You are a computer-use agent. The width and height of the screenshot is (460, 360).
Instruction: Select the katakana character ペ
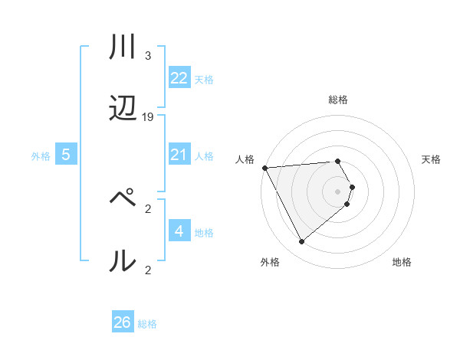click(123, 198)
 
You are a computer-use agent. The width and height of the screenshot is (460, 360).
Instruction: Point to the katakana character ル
click(123, 260)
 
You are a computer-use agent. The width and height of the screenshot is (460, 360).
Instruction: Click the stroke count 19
click(148, 117)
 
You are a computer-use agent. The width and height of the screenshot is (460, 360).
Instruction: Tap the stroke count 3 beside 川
click(148, 56)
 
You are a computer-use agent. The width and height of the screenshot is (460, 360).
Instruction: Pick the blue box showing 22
click(179, 78)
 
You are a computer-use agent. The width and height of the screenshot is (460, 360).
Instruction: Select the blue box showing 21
click(179, 155)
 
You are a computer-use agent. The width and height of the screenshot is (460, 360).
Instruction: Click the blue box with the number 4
click(179, 231)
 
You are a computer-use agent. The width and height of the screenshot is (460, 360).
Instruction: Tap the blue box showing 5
click(66, 155)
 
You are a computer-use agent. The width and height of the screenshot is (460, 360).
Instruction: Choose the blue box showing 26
click(123, 322)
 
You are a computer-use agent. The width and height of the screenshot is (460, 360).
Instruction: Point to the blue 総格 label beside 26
click(147, 324)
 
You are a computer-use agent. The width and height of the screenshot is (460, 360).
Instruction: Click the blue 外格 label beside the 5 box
click(41, 156)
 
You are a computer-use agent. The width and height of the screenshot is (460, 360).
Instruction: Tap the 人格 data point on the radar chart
click(264, 167)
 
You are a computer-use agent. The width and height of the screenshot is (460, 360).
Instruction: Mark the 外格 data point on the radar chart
click(301, 242)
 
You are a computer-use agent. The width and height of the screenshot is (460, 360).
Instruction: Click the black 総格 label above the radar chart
click(338, 100)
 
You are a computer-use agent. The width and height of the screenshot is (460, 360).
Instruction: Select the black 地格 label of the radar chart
click(402, 263)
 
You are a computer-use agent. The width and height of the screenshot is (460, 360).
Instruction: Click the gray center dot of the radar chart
click(338, 191)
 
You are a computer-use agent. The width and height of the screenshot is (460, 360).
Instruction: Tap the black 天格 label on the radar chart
click(431, 159)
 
